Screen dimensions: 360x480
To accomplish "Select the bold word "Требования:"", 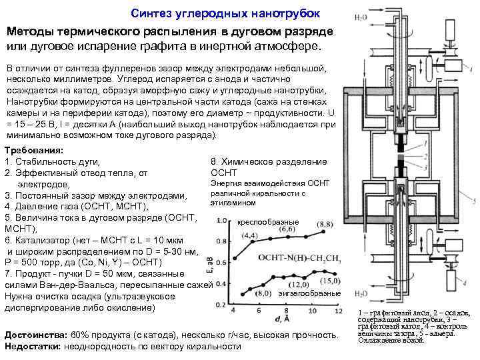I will click(34, 151).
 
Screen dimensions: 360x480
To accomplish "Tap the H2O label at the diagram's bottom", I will click(361, 294).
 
